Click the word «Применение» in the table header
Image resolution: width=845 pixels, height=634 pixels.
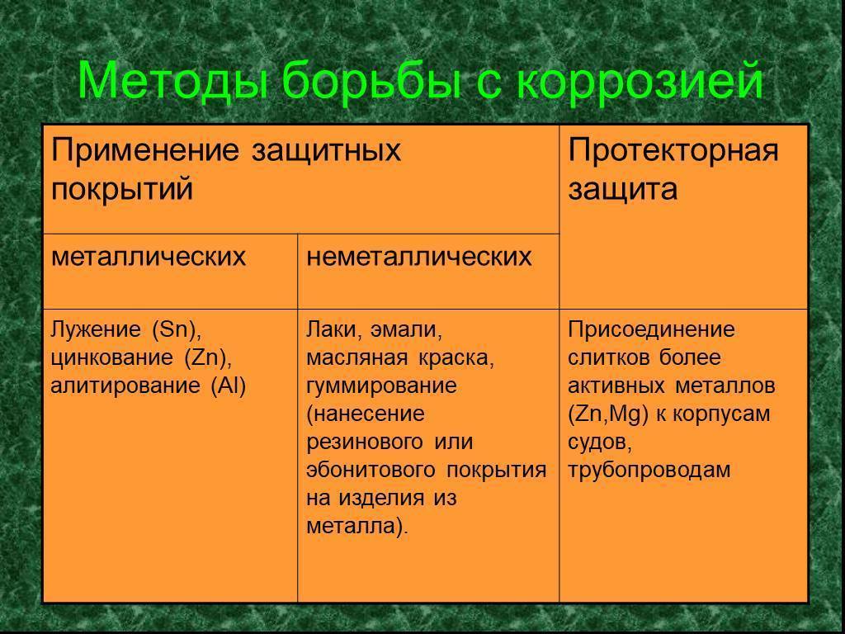point(144,151)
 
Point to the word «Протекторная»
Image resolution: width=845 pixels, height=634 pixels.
point(673,151)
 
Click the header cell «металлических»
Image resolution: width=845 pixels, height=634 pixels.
point(149,257)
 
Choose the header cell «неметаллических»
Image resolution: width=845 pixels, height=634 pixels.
point(418,257)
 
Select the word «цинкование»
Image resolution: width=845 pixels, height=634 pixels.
point(112,358)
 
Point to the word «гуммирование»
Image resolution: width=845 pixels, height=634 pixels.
point(381,386)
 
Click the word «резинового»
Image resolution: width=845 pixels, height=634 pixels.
point(364,442)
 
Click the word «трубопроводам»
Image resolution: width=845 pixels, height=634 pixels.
point(649,471)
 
